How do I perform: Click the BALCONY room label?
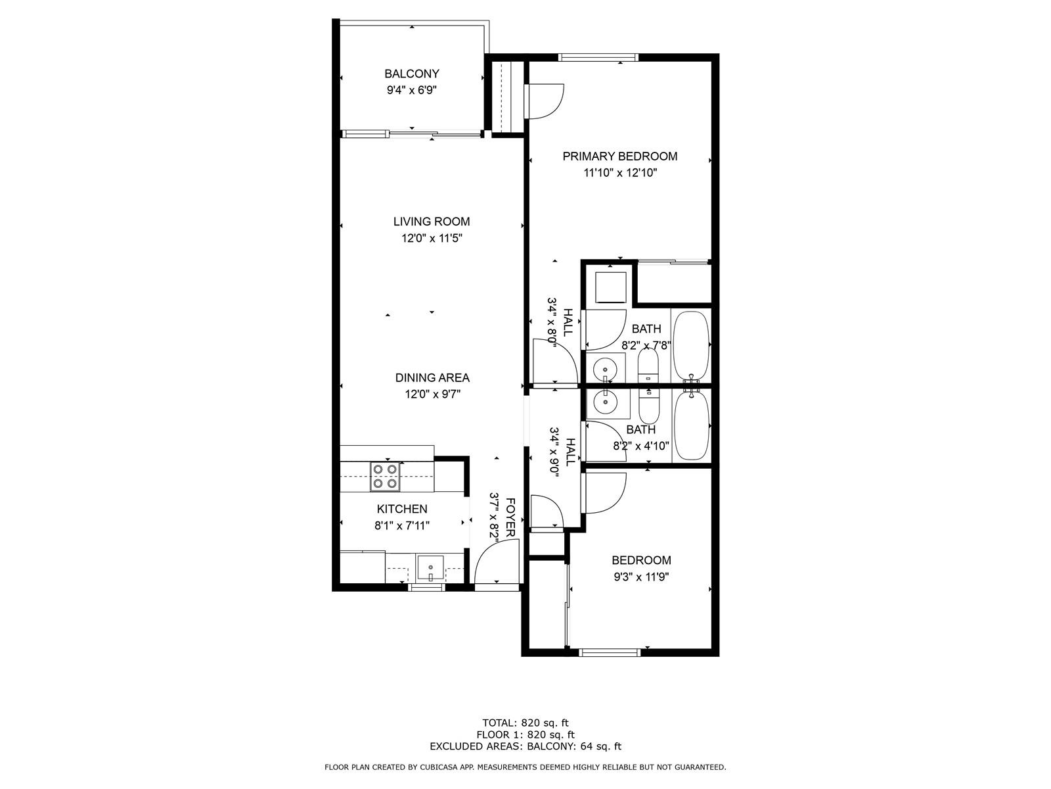411,74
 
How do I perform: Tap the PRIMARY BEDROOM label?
619,156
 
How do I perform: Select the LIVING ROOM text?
432,222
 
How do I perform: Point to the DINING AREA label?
432,377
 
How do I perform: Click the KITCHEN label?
402,509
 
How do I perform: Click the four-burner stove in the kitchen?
385,477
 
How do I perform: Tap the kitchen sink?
430,567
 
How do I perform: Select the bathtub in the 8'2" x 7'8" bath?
691,345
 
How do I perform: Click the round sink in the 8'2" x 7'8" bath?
606,370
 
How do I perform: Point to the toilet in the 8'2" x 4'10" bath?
649,406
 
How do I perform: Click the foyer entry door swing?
497,561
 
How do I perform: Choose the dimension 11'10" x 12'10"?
619,173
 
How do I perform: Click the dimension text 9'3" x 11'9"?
641,577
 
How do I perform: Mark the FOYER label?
510,517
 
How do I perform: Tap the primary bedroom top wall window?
598,57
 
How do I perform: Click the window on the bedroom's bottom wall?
610,652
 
